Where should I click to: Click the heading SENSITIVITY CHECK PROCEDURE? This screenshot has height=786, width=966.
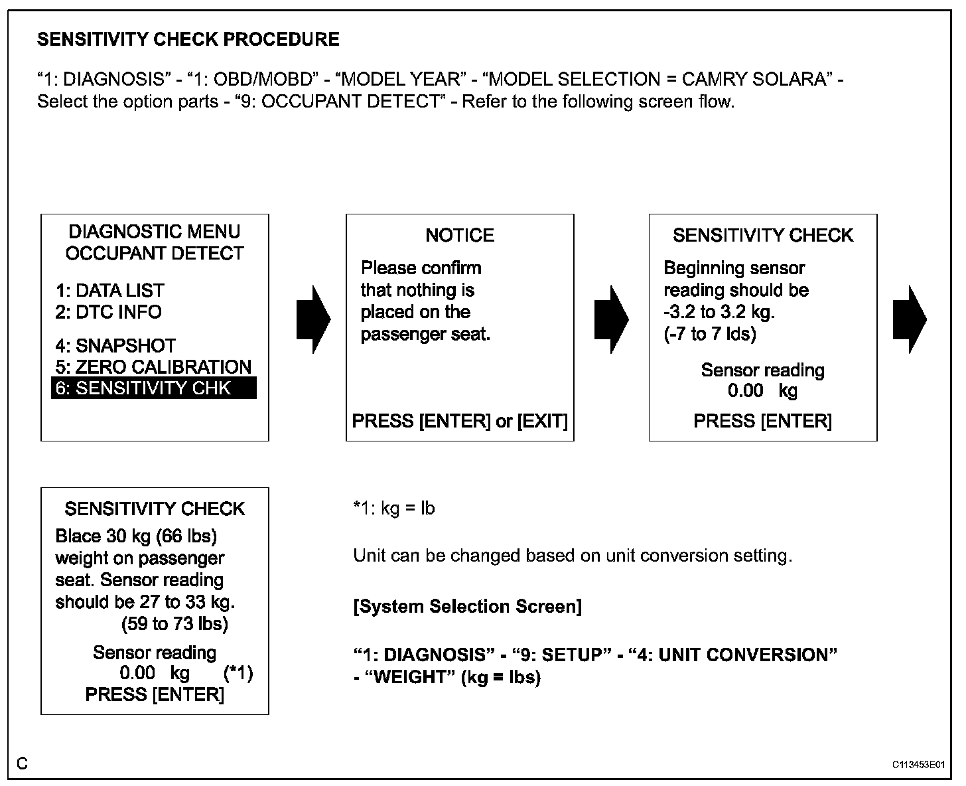click(188, 40)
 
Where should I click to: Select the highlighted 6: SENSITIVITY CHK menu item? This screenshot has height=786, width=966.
click(153, 388)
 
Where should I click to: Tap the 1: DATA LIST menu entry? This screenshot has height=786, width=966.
click(110, 291)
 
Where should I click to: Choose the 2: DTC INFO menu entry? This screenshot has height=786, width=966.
click(109, 312)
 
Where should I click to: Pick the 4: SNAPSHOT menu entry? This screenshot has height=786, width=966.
click(116, 346)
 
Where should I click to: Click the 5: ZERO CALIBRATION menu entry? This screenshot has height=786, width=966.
click(153, 367)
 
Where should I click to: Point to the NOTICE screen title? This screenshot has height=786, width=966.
click(460, 236)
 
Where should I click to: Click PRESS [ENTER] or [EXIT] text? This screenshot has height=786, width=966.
click(460, 421)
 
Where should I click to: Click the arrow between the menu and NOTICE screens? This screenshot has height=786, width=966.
click(313, 320)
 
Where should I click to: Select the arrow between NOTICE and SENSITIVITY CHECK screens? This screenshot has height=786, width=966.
click(611, 320)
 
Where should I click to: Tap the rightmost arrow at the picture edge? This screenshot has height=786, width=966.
click(910, 320)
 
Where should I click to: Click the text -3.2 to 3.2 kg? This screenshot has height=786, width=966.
click(719, 312)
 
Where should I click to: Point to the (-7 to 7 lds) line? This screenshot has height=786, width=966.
click(710, 334)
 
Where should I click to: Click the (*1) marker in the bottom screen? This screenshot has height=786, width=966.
click(238, 673)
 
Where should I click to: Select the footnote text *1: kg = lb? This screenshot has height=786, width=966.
click(394, 509)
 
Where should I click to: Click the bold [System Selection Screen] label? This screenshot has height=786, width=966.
click(468, 607)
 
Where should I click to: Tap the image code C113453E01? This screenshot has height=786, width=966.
click(918, 765)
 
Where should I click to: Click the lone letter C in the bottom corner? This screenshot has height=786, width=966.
click(23, 764)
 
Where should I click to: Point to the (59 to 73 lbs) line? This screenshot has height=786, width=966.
click(174, 624)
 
